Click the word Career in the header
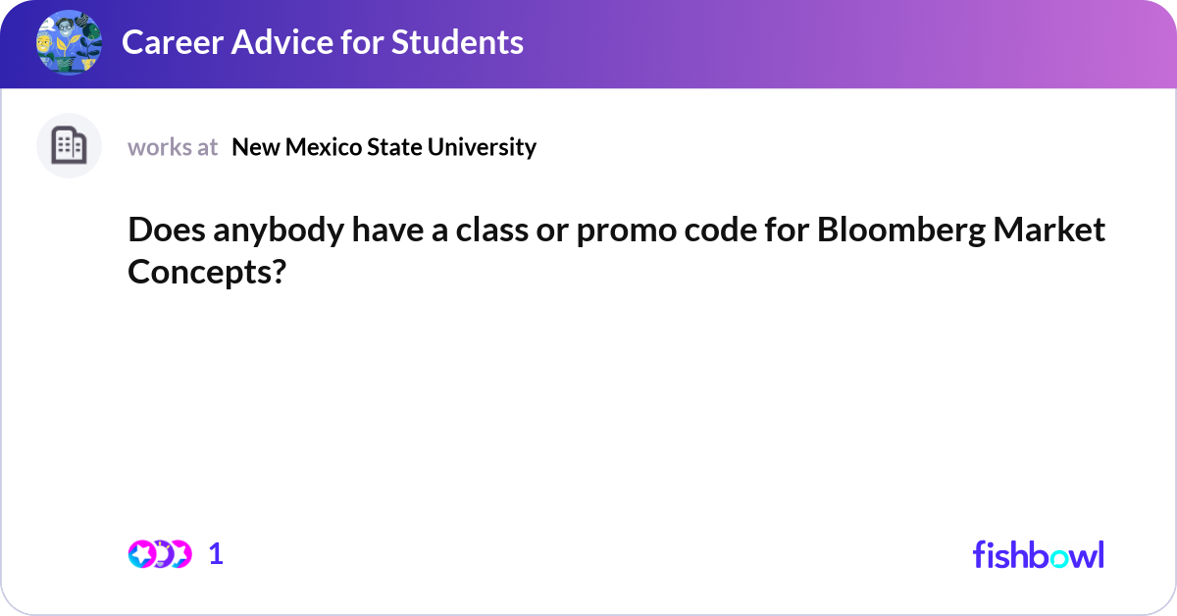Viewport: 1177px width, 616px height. (x=173, y=42)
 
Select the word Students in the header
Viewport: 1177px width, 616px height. (x=457, y=42)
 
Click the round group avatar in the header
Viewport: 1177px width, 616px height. (x=69, y=42)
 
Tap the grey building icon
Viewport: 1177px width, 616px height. (x=69, y=145)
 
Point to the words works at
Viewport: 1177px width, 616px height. (x=173, y=147)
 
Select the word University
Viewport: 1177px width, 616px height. (x=482, y=148)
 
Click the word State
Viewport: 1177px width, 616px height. (x=394, y=147)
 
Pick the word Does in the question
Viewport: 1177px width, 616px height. (x=167, y=230)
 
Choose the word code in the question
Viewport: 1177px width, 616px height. (x=720, y=230)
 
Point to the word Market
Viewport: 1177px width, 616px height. (x=1049, y=230)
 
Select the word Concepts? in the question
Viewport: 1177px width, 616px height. (x=207, y=273)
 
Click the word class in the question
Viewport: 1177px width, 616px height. (x=491, y=230)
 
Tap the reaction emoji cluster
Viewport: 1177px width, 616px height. (x=160, y=554)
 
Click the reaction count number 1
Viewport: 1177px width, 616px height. (x=216, y=554)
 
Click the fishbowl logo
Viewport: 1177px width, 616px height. (x=1039, y=554)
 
